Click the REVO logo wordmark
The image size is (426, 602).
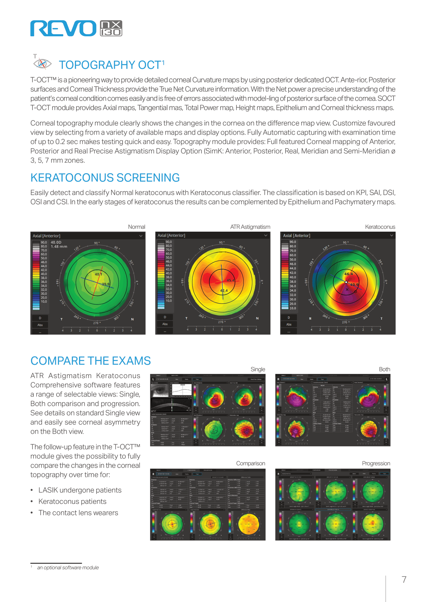[63, 29]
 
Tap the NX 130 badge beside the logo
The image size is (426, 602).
[111, 28]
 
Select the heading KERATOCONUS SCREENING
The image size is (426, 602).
[105, 178]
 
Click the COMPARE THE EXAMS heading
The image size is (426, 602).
[91, 361]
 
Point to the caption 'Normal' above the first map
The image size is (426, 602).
[136, 227]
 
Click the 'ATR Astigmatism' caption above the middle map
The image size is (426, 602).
[250, 227]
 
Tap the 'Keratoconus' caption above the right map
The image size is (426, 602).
[380, 227]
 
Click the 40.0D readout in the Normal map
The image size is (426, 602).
[56, 242]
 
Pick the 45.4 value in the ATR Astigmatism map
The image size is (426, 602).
[231, 280]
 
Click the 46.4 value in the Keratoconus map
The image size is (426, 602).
[348, 274]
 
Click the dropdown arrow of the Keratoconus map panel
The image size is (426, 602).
[392, 235]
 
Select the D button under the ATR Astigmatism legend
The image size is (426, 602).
[165, 317]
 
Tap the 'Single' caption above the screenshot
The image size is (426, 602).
[258, 369]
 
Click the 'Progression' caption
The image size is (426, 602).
[376, 463]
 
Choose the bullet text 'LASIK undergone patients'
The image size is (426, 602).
[80, 490]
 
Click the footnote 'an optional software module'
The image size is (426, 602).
[68, 568]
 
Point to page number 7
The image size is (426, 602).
[404, 580]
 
